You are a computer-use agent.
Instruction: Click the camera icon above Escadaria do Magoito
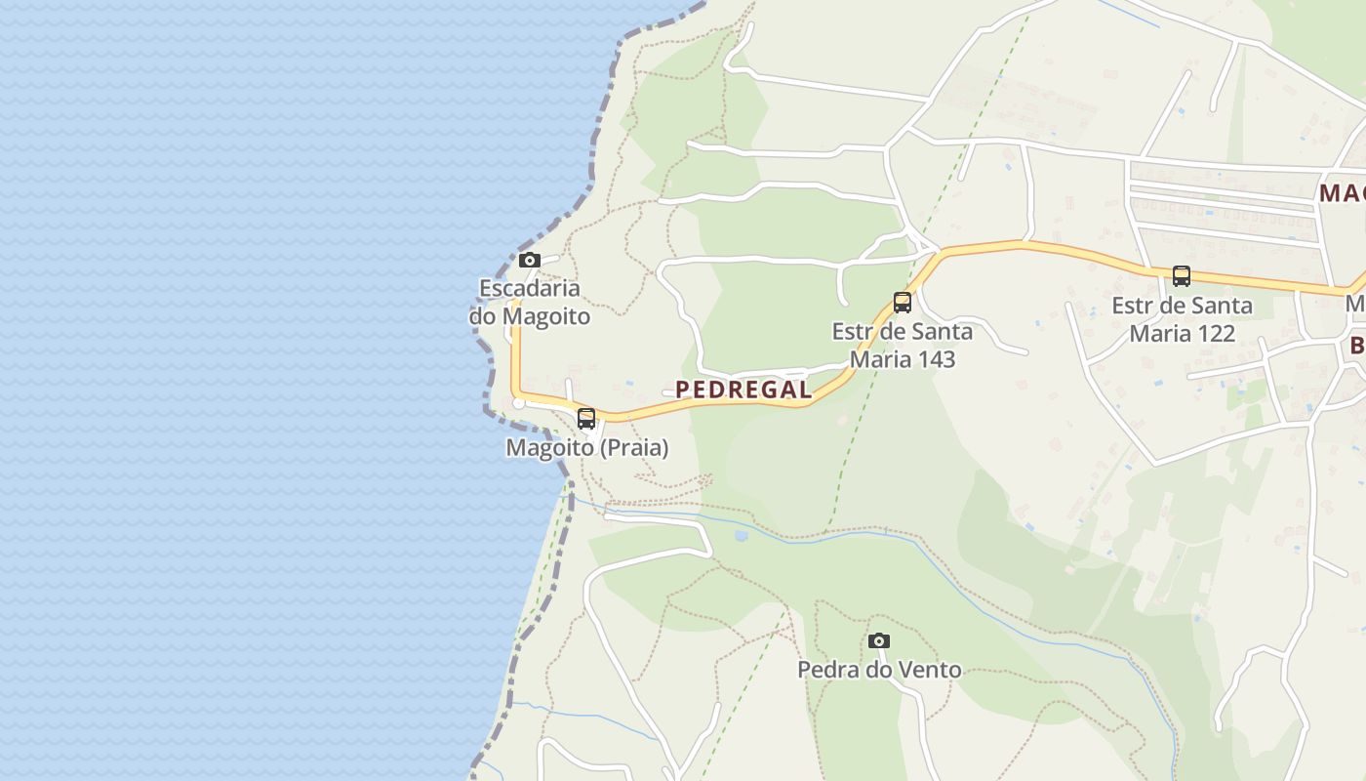(x=530, y=260)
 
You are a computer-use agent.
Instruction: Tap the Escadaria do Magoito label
(x=530, y=303)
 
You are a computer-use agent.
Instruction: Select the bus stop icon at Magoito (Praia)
(x=586, y=419)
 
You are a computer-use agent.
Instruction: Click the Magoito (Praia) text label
(x=587, y=448)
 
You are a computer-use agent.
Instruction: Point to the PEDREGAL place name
(x=743, y=390)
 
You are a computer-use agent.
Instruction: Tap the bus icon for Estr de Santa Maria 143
(x=903, y=303)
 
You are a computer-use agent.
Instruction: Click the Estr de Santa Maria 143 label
(x=903, y=346)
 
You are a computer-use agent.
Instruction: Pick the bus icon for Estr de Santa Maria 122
(x=1182, y=276)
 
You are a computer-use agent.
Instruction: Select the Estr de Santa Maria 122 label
(x=1183, y=319)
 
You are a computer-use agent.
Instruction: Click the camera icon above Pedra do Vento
(x=879, y=641)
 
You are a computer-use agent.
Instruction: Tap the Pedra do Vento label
(x=879, y=670)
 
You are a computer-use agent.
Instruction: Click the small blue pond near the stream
(x=742, y=535)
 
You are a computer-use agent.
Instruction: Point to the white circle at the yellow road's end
(x=519, y=402)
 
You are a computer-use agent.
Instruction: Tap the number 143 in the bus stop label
(x=931, y=359)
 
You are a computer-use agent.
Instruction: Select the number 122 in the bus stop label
(x=1211, y=333)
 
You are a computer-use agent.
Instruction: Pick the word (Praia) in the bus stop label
(x=633, y=448)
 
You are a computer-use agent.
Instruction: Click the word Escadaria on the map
(x=530, y=288)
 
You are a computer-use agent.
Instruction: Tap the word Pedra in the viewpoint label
(x=824, y=670)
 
